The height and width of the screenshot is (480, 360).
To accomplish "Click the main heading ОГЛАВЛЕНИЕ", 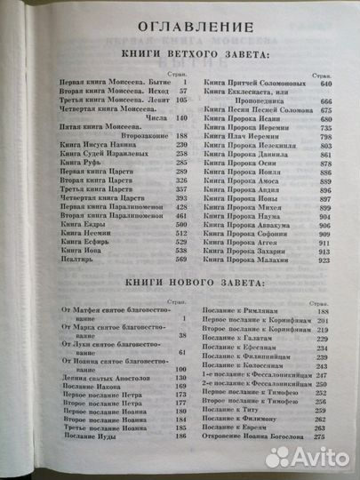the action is [180, 24].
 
